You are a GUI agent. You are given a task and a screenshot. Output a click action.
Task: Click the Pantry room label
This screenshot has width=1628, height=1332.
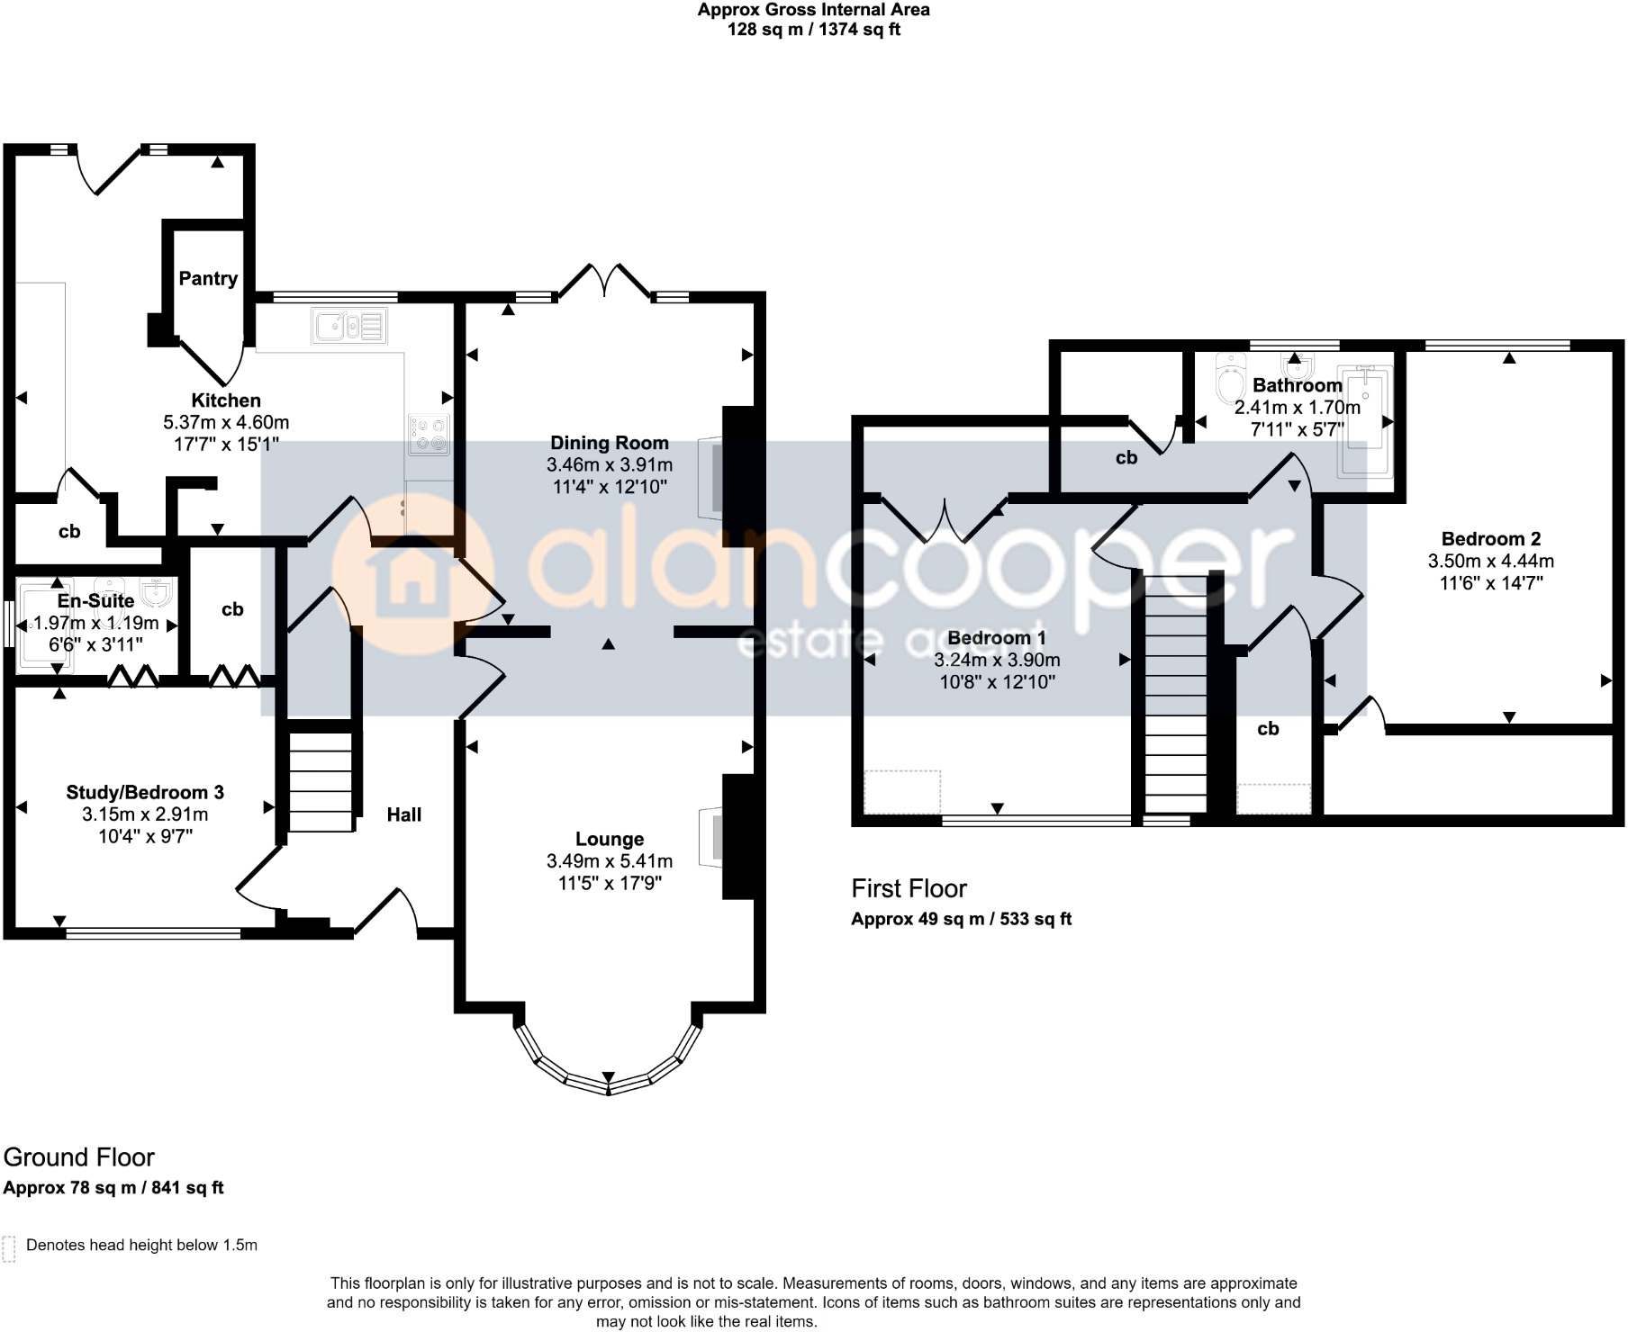pos(208,279)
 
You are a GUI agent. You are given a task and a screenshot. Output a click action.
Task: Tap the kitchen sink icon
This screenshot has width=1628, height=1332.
pos(350,325)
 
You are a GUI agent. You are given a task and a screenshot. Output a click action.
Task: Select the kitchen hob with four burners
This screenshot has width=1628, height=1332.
pos(430,434)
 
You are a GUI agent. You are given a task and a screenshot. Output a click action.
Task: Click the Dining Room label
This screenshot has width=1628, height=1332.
pos(610,443)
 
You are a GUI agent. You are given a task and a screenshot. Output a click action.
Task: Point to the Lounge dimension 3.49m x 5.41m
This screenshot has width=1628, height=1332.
pos(610,861)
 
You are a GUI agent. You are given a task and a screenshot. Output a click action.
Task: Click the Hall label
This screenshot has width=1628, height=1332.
pos(404,814)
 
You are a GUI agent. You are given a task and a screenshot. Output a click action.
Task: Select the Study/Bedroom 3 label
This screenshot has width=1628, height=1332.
pos(145,793)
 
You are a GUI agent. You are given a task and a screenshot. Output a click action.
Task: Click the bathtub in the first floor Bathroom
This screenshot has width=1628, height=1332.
pos(1364,419)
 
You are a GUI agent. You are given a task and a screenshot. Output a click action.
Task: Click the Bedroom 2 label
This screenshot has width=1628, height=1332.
pos(1491,539)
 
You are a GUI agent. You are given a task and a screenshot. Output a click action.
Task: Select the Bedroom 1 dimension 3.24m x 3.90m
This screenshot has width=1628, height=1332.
pos(997,660)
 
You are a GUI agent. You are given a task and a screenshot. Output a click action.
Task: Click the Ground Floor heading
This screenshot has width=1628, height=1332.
pos(79,1157)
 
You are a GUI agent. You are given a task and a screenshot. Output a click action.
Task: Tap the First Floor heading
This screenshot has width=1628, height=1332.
pos(909,889)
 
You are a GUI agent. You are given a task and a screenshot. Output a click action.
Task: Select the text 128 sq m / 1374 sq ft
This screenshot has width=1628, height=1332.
pos(814,30)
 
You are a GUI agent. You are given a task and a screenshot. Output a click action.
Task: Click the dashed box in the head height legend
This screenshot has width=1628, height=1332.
pos(10,1249)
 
